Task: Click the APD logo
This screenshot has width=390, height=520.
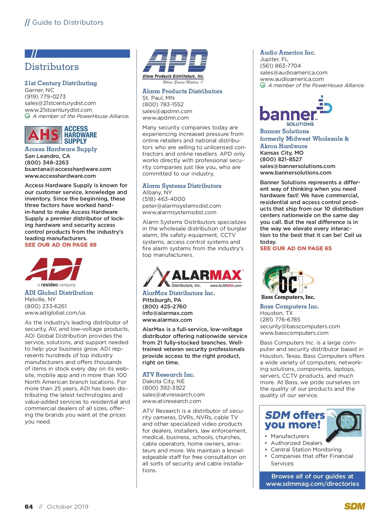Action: (x=175, y=66)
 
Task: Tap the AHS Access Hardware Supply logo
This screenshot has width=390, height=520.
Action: (x=61, y=135)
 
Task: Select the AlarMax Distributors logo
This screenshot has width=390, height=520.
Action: (x=193, y=277)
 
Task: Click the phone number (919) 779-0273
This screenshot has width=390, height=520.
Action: (x=45, y=97)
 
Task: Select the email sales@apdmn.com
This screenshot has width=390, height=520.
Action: (x=167, y=111)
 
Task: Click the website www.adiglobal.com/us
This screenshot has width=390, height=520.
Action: (x=55, y=313)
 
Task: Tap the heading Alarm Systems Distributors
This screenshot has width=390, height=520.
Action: (x=182, y=186)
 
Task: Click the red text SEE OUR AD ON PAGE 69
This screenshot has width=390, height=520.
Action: (x=60, y=245)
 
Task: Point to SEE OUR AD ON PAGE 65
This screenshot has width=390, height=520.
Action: (x=296, y=248)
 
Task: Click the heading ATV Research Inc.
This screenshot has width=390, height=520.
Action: (x=168, y=375)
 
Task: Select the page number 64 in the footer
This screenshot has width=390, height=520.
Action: (x=29, y=507)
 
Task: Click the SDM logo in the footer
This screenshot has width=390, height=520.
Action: (x=355, y=506)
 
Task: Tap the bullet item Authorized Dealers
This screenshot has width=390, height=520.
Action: (x=296, y=443)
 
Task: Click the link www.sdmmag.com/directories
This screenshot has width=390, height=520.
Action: (x=312, y=484)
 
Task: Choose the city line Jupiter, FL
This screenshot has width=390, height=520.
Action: (x=274, y=59)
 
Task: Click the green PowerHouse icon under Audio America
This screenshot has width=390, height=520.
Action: (x=263, y=85)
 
